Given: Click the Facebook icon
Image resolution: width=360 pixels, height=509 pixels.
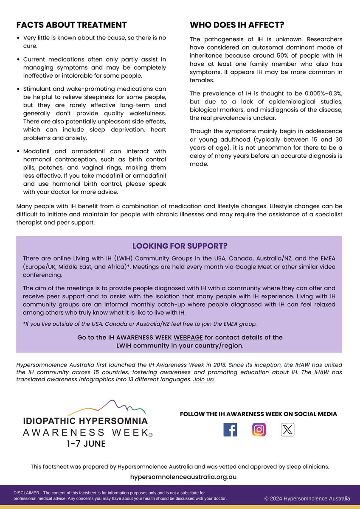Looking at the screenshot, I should click(230, 430).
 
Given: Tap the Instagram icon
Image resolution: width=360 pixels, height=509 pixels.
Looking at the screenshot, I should click(259, 430).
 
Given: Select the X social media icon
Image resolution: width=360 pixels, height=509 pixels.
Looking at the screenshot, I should click(287, 430).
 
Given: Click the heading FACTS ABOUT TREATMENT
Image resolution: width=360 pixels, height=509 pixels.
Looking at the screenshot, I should click(71, 25).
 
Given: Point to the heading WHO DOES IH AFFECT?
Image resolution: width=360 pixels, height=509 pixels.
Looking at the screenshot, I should click(237, 25).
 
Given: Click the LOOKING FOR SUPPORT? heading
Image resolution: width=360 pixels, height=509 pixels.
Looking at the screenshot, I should click(180, 246).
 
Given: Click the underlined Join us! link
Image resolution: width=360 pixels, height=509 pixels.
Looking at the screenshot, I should click(204, 379).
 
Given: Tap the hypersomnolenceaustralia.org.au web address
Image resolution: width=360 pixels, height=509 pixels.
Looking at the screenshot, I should click(183, 477).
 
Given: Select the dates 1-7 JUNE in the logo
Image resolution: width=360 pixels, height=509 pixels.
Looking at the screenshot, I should click(86, 444).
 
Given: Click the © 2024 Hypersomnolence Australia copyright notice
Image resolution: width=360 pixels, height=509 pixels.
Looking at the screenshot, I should click(307, 498).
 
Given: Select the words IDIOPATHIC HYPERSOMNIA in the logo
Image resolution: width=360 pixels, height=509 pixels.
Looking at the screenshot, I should click(86, 421).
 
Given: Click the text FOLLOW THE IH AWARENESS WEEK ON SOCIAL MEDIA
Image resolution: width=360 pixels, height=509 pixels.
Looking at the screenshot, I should click(259, 414).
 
